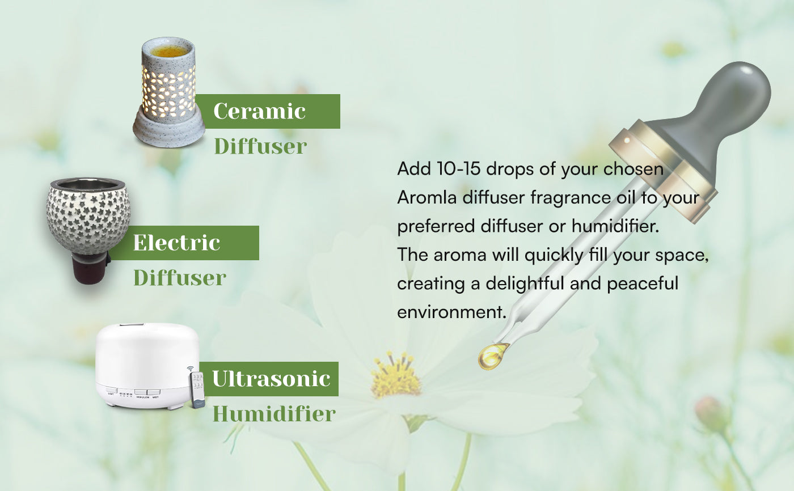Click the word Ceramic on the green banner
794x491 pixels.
[x=260, y=111]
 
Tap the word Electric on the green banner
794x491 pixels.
[x=176, y=243]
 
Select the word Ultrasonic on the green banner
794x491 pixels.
[x=271, y=379]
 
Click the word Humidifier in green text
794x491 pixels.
[x=274, y=413]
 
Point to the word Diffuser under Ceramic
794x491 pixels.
[x=260, y=146]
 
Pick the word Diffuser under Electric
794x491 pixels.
[x=180, y=277]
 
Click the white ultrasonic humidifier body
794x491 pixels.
[x=147, y=366]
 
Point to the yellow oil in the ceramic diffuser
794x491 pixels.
[x=169, y=50]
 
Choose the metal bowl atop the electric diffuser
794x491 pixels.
[x=88, y=184]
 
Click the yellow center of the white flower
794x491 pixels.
[x=395, y=375]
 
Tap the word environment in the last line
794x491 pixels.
[x=451, y=312]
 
